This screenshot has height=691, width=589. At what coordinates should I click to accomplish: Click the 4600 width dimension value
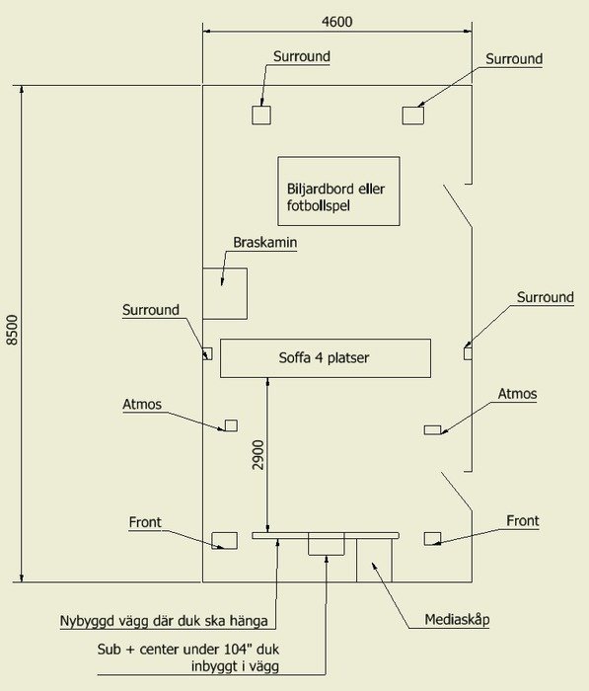tap(337, 22)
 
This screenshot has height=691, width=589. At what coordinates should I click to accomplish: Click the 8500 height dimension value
tap(13, 330)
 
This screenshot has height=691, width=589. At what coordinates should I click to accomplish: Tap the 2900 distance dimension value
tap(258, 455)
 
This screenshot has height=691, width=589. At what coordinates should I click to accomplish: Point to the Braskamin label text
tap(264, 243)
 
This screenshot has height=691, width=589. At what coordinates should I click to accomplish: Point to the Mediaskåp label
tap(457, 620)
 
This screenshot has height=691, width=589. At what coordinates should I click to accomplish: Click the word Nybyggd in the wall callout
tap(87, 621)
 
